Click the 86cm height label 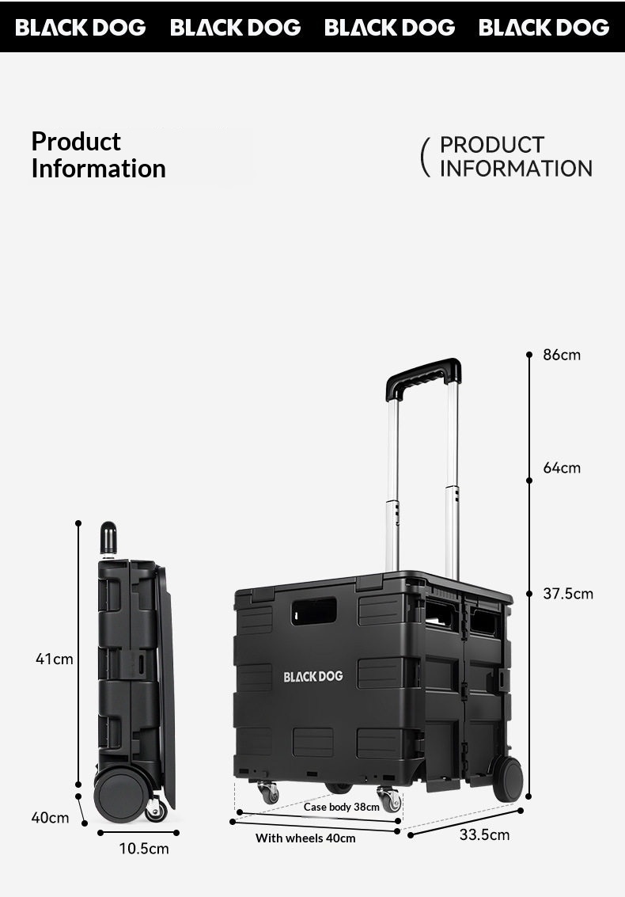tap(561, 355)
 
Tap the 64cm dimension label tap(561, 468)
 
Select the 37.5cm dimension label tap(567, 594)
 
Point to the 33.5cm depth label tap(484, 834)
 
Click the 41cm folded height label tap(54, 658)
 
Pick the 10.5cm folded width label tap(144, 849)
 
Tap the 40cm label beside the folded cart tap(50, 817)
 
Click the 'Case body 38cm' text tap(342, 807)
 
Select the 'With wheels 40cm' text tap(305, 838)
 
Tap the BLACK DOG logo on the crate tap(313, 676)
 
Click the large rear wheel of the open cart tap(506, 777)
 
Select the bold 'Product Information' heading tap(98, 155)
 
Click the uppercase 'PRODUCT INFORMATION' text tap(515, 157)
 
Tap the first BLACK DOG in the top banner tap(81, 28)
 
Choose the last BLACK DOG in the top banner tap(544, 28)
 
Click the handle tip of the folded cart tap(108, 538)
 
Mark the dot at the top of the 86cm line tap(529, 355)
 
